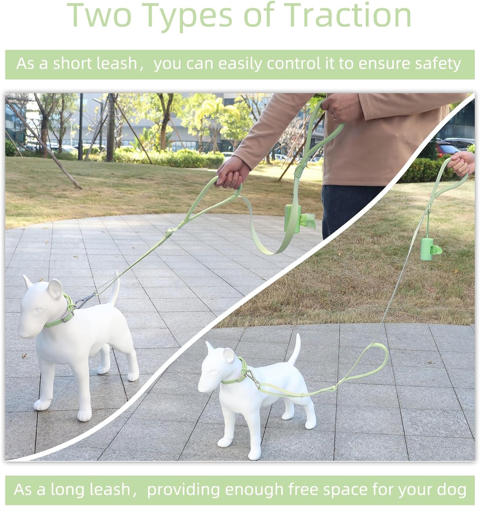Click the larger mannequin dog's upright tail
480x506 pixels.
[114, 288]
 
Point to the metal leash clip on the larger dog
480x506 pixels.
[85, 300]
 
